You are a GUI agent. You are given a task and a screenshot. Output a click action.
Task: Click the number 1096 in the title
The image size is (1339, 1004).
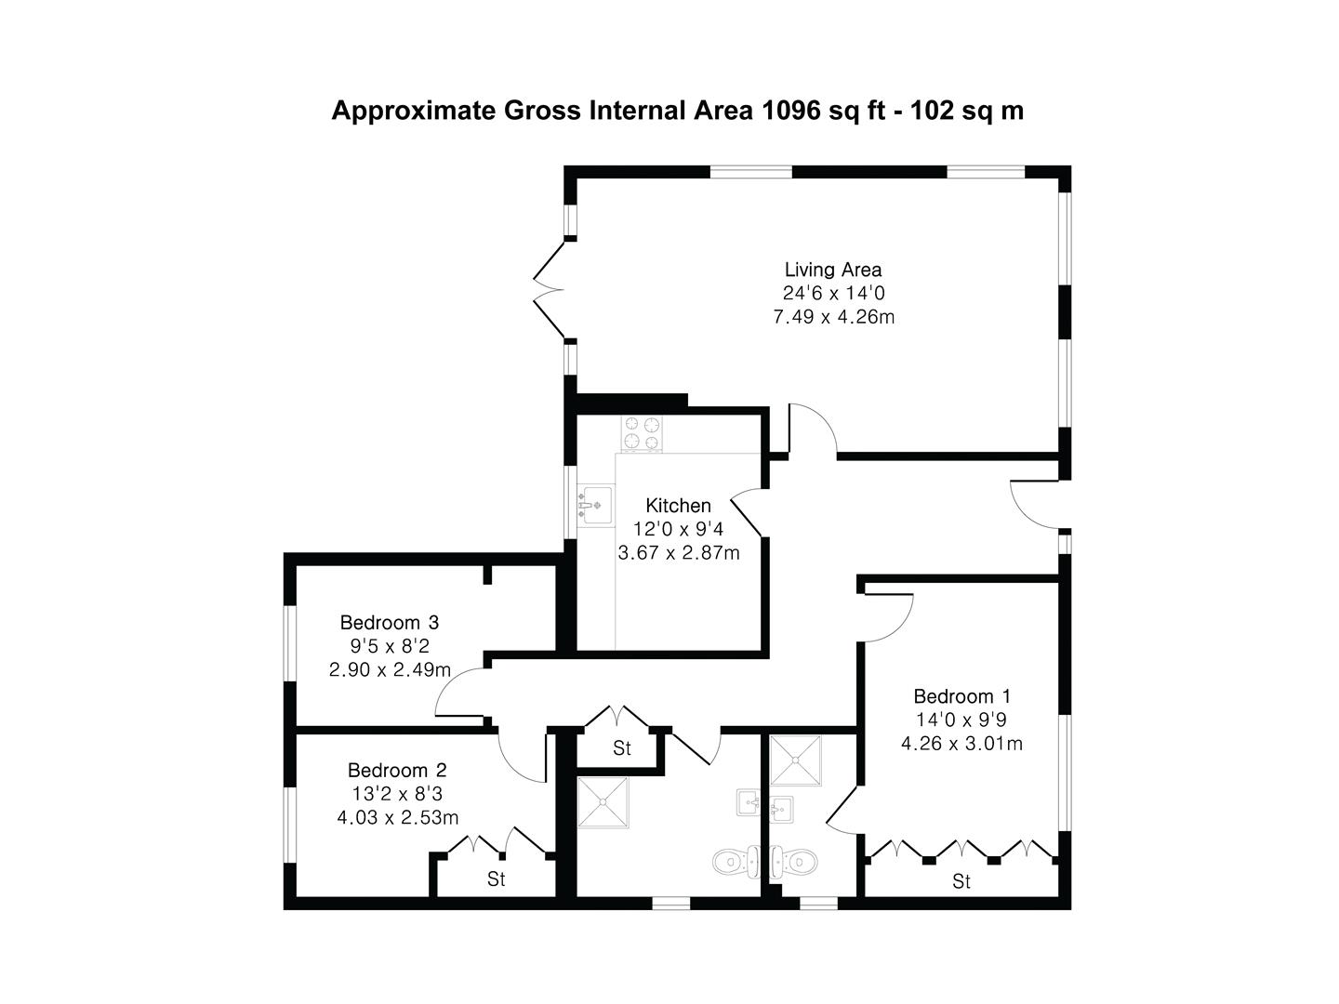[791, 111]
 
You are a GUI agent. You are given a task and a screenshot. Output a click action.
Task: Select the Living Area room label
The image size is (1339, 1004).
[833, 270]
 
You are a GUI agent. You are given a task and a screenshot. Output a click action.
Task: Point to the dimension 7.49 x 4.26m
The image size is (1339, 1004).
[833, 317]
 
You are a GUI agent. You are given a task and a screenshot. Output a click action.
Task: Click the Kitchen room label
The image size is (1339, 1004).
[678, 506]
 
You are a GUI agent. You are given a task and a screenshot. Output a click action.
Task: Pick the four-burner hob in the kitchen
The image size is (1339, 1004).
[643, 433]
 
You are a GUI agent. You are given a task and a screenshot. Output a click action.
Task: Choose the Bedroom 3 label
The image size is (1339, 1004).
[389, 622]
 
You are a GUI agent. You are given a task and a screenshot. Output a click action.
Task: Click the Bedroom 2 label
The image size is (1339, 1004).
[397, 770]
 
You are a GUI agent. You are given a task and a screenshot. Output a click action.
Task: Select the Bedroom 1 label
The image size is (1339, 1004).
[961, 696]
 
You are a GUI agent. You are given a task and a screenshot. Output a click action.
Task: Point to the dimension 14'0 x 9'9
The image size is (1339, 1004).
[961, 720]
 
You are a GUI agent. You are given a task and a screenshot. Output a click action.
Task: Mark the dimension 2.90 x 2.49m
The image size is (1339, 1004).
[390, 669]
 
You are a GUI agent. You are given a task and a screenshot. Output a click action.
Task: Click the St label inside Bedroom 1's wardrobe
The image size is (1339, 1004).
[961, 880]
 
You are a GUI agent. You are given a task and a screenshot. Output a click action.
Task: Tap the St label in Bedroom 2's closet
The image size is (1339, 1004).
[497, 878]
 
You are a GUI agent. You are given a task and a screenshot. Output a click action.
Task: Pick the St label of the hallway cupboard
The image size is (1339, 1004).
[621, 748]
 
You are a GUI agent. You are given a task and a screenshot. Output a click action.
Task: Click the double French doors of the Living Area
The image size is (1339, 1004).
[550, 289]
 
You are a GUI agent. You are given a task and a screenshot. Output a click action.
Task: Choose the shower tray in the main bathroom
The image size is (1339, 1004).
[603, 802]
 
